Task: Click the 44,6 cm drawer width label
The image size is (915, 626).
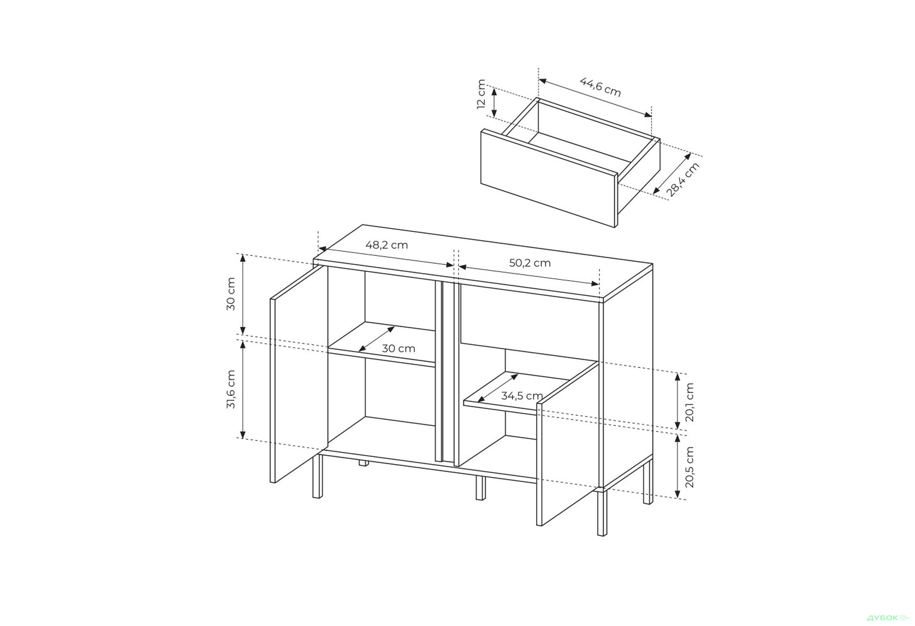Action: [600, 87]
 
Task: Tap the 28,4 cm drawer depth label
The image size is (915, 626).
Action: [683, 180]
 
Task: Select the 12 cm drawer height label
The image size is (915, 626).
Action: [481, 94]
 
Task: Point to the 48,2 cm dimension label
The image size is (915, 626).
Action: [386, 245]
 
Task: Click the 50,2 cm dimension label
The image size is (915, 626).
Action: [529, 263]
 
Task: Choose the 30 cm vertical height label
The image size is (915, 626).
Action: [231, 294]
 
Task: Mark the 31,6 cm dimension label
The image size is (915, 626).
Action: [231, 389]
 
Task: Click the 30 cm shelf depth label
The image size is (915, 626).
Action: [398, 348]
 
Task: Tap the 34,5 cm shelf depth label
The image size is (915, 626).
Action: [522, 395]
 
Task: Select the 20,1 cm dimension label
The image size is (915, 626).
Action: [690, 403]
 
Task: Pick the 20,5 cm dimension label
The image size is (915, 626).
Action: [690, 467]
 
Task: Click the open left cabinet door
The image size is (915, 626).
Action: [299, 374]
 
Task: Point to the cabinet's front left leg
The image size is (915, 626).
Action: [317, 476]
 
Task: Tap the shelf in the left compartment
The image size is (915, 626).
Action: [381, 344]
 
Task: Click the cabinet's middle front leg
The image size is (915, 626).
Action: [480, 488]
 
